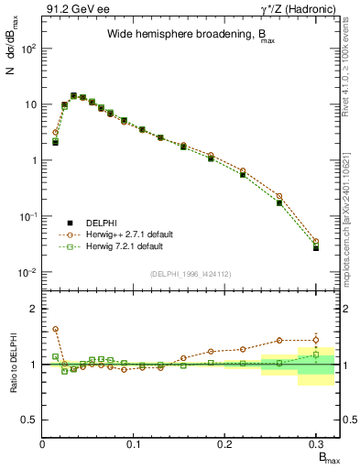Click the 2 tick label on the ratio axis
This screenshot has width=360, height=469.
[35, 309]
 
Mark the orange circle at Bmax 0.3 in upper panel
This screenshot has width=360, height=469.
[316, 242]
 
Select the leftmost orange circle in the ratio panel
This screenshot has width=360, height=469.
[55, 329]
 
